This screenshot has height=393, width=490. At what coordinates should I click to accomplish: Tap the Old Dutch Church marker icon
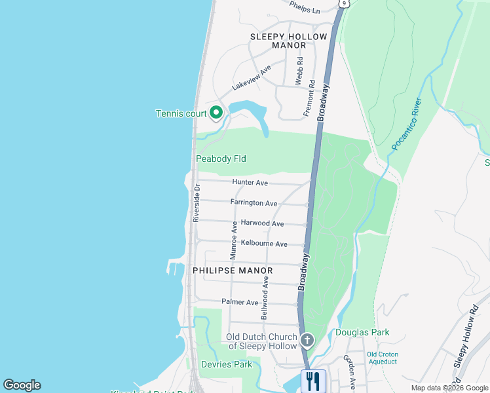click(307, 340)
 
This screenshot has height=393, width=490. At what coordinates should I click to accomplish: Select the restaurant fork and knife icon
click(312, 380)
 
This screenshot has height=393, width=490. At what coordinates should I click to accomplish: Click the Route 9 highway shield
click(343, 3)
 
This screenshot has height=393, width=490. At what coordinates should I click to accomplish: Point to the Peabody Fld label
click(221, 159)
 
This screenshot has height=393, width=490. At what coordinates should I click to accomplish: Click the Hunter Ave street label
click(250, 182)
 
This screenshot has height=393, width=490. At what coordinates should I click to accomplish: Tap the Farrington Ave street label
click(254, 203)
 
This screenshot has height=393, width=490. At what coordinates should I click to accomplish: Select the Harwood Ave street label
click(262, 223)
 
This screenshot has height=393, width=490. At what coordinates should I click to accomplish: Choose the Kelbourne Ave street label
click(264, 244)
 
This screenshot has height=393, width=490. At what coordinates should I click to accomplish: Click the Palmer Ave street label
click(240, 302)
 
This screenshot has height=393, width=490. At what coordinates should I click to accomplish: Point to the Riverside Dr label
click(196, 203)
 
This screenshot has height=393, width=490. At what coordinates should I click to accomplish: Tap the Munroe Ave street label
click(234, 239)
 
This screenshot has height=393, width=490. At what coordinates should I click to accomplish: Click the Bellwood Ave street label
click(265, 297)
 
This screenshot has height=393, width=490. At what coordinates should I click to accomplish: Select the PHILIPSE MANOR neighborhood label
click(227, 269)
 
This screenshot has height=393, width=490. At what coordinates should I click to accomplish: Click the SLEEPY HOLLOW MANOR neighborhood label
click(288, 41)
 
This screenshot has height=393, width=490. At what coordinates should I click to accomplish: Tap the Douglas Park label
click(362, 332)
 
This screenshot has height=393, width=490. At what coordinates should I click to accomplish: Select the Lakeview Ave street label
click(252, 79)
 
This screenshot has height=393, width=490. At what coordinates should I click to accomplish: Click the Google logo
click(22, 385)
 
